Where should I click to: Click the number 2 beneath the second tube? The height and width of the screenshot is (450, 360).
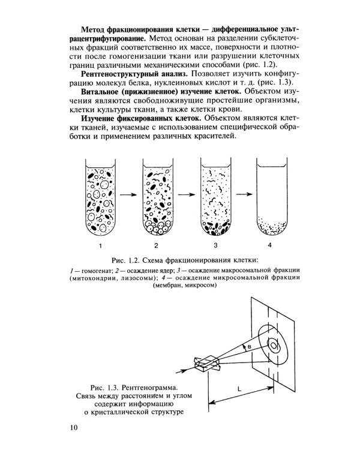(156, 246)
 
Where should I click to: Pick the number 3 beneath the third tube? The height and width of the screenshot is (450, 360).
(214, 246)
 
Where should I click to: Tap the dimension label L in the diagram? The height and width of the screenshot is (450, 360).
(240, 390)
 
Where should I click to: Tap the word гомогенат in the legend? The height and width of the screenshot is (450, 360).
(95, 271)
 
